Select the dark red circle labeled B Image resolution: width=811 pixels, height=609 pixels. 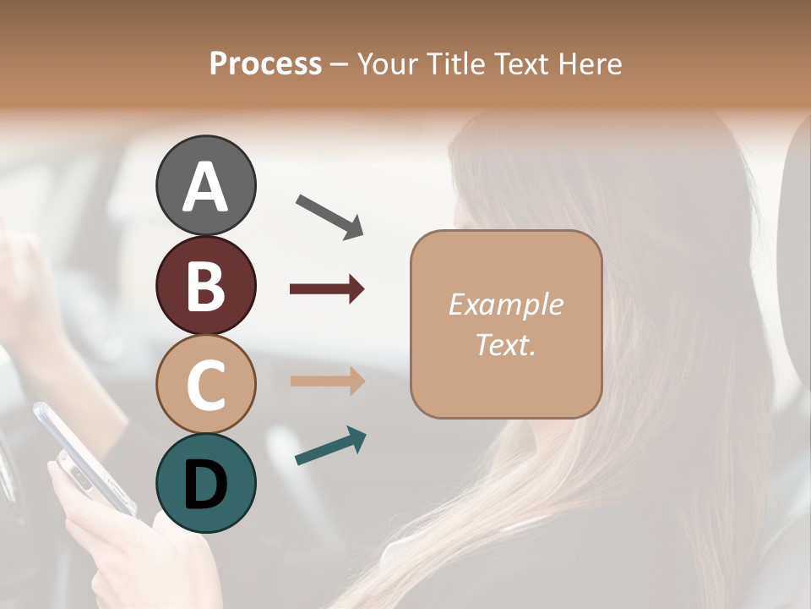click(205, 285)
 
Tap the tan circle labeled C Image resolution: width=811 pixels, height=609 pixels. click(205, 384)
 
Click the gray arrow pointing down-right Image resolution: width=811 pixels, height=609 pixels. click(329, 216)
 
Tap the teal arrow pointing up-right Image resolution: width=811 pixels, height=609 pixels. click(330, 446)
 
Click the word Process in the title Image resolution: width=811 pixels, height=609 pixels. click(265, 64)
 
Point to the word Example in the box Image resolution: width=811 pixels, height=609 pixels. click(505, 304)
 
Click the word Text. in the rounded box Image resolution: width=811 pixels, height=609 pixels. click(505, 344)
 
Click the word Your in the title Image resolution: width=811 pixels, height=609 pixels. click(388, 64)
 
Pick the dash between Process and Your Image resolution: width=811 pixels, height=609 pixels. click(339, 65)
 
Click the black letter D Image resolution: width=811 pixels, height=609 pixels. click(205, 485)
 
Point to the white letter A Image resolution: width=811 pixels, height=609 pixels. click(205, 187)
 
